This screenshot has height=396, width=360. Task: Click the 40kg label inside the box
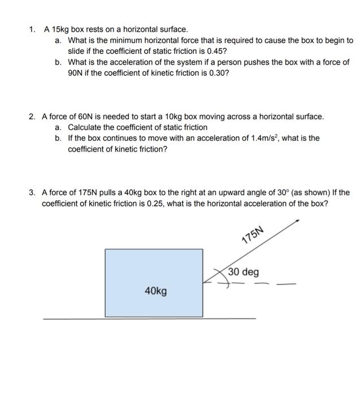[155, 291]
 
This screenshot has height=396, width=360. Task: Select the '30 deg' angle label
[244, 272]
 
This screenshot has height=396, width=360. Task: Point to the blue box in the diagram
[154, 283]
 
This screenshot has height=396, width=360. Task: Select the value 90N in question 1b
[76, 74]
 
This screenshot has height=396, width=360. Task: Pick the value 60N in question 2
[88, 117]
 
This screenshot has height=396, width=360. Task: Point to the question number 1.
[32, 29]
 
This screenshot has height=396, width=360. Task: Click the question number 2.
[32, 117]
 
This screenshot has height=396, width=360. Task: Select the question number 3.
[32, 192]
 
